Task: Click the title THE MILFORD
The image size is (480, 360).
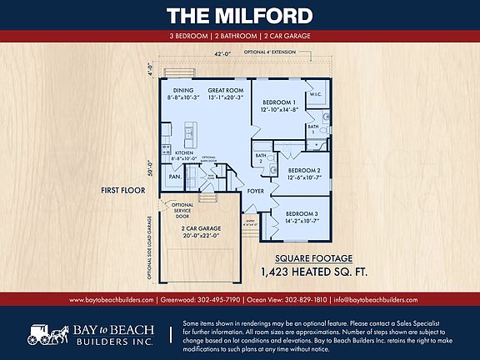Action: [x=239, y=16]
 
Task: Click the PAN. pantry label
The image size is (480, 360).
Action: [x=176, y=177]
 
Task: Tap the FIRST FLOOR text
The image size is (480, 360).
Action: [x=123, y=190]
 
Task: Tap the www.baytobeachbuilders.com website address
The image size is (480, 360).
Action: [x=111, y=299]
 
